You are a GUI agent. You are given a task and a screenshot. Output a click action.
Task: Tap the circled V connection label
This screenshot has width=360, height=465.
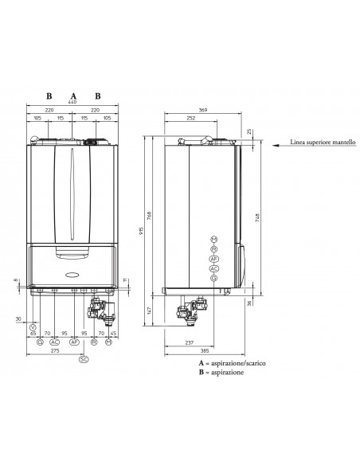click(33, 328)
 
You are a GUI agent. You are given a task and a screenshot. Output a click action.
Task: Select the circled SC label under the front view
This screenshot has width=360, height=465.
click(84, 359)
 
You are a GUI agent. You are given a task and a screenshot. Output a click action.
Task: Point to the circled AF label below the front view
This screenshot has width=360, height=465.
click(74, 342)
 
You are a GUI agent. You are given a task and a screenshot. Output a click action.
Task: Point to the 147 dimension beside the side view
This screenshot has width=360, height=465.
click(150, 310)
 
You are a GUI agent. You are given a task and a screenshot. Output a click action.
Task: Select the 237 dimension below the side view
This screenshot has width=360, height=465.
click(189, 343)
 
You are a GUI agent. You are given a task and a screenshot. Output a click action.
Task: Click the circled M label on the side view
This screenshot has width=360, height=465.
click(213, 239)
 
